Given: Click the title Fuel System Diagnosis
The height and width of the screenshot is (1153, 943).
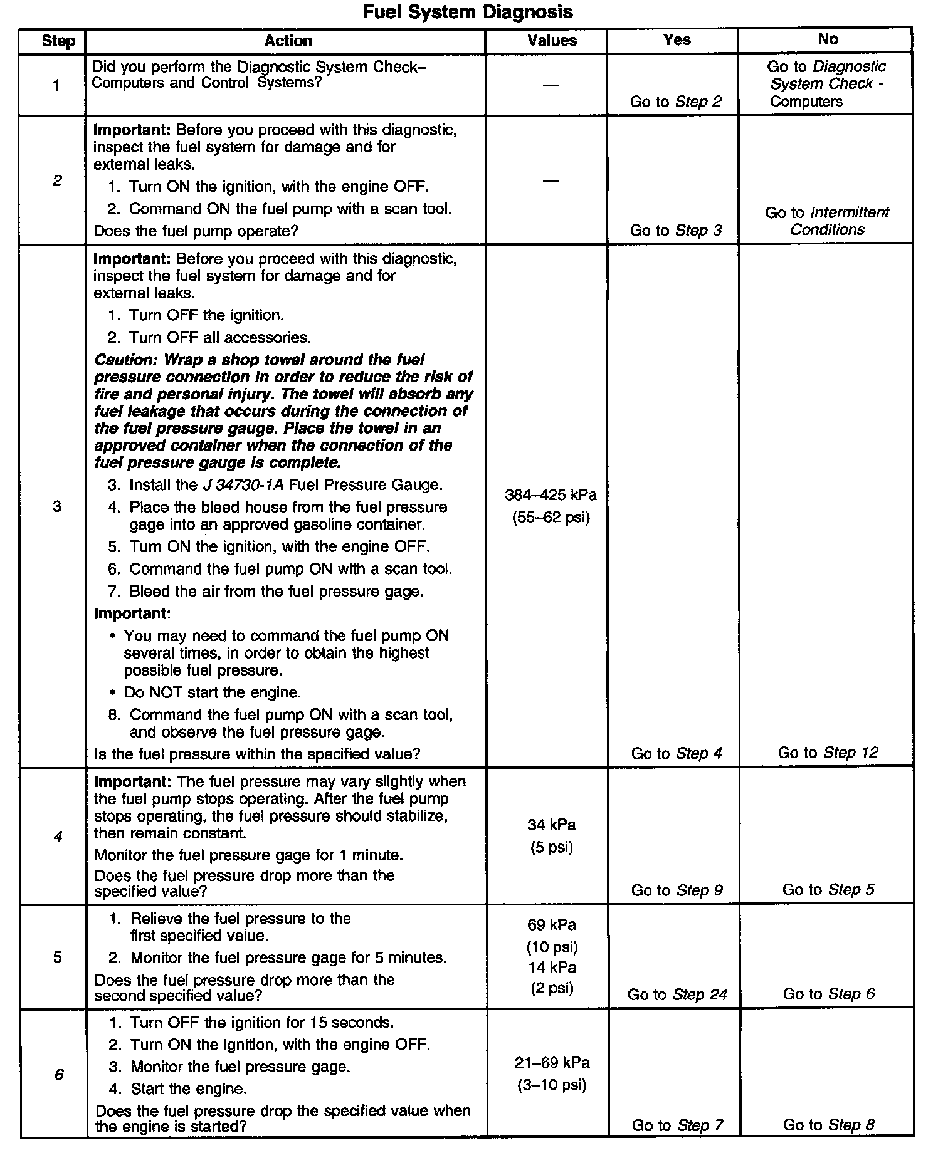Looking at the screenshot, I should point(468,12).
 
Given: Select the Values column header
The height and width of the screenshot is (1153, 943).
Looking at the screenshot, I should point(552,41).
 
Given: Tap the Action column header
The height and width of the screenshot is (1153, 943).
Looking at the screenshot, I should point(288,41).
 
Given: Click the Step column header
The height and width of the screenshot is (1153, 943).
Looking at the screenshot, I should point(58,41).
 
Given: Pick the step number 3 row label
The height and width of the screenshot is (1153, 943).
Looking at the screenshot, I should point(57,506).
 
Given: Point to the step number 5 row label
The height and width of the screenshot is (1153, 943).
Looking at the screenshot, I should point(57,957).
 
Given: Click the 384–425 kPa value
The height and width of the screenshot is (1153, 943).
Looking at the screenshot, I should point(551,495).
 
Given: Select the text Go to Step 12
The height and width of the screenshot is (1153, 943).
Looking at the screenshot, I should point(828,753).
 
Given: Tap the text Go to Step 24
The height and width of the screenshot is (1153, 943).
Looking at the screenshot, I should point(677,994).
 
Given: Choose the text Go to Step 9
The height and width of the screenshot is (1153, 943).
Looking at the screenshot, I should point(677,890).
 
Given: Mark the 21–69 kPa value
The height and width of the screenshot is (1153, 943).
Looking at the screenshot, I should point(552,1063).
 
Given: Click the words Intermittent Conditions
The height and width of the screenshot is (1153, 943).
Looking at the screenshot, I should point(828,221).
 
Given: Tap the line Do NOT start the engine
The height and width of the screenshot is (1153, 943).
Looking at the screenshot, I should point(213,692).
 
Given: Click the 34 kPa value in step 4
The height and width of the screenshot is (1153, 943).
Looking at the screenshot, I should point(551,825).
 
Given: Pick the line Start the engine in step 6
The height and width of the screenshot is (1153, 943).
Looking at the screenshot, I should point(188,1088).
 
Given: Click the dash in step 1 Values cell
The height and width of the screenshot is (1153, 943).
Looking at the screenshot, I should point(551,85).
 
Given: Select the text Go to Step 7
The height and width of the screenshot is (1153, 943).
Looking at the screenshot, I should point(677,1125).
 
